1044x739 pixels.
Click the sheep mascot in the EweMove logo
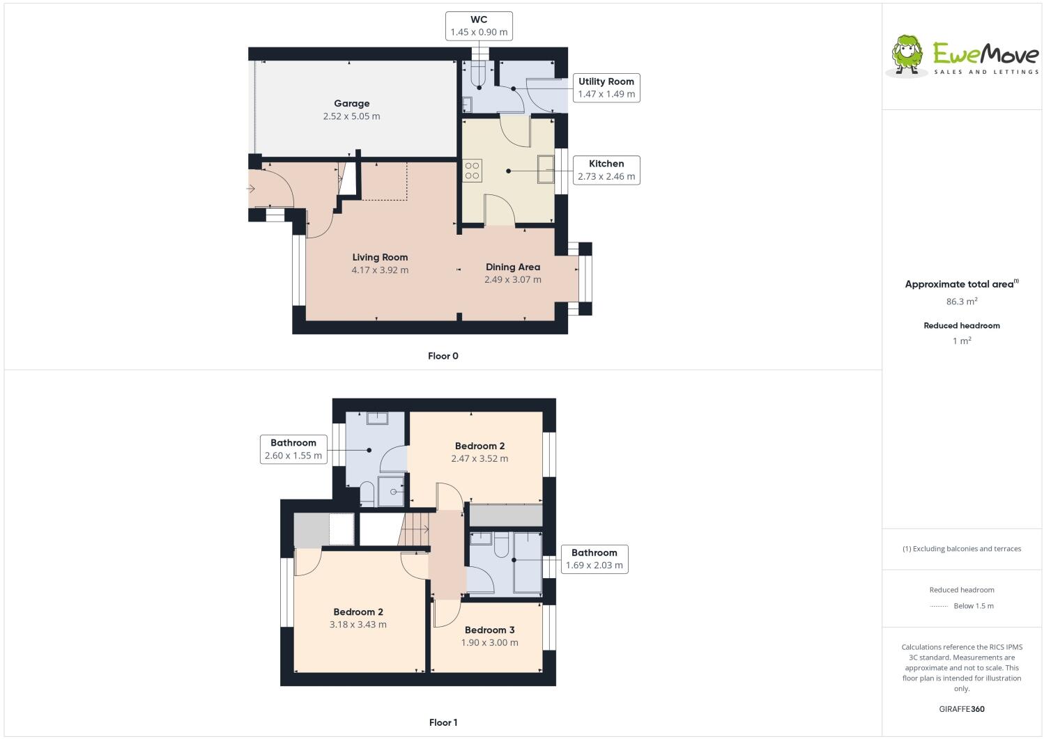click(x=907, y=54)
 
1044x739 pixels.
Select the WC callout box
click(x=479, y=26)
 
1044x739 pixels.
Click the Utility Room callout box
click(x=606, y=88)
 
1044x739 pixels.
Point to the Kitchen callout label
click(x=606, y=170)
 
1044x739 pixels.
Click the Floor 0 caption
click(x=443, y=356)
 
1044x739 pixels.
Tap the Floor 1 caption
click(x=443, y=722)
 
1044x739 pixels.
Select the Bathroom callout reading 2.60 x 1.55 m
click(x=293, y=449)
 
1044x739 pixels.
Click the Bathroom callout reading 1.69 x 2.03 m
click(x=594, y=559)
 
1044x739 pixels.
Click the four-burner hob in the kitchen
click(x=473, y=171)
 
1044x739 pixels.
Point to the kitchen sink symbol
click(x=545, y=169)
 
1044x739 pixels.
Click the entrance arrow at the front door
click(x=252, y=189)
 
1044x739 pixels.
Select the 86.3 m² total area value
click(x=961, y=302)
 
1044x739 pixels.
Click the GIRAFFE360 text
click(x=961, y=709)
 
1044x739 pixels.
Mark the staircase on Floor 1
click(x=416, y=529)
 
